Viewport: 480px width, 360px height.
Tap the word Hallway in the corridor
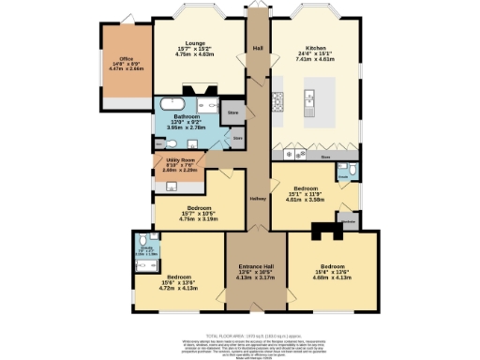point(258,199)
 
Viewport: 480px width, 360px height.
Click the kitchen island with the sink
point(313,99)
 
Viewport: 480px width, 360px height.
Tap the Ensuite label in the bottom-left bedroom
point(147,251)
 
